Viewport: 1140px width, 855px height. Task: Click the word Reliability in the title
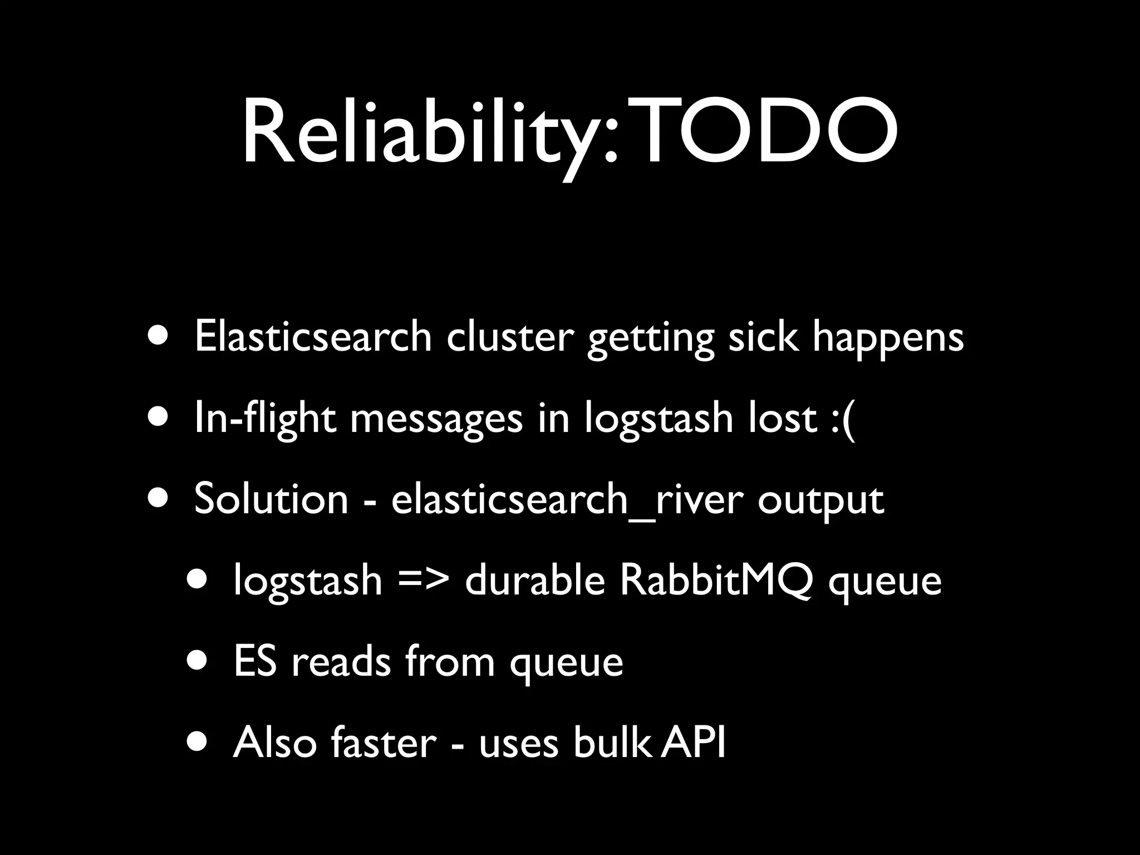tap(429, 134)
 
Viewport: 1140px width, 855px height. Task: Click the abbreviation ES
tap(255, 661)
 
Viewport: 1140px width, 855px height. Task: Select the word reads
tap(341, 661)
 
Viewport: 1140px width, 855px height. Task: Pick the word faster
tap(384, 743)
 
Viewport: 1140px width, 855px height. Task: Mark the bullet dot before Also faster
tap(199, 743)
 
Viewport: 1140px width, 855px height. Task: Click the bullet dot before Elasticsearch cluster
tap(160, 337)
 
